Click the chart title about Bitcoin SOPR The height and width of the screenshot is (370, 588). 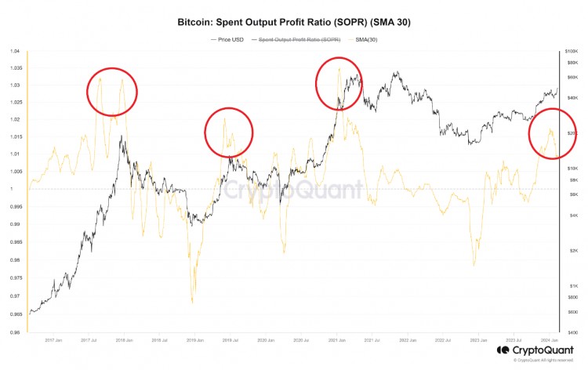coord(294,23)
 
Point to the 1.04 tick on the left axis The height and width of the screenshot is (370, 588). coord(14,51)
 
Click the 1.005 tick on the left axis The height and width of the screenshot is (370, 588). coord(13,171)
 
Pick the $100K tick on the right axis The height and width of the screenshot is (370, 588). coord(573,51)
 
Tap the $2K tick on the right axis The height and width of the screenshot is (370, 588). coord(572,250)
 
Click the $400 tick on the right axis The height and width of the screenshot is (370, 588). coord(572,332)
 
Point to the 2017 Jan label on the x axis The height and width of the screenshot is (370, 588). coord(53,341)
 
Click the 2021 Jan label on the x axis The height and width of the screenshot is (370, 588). coord(338,341)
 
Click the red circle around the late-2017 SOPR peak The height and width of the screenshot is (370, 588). coord(111,92)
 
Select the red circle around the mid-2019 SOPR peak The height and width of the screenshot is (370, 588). coord(228,132)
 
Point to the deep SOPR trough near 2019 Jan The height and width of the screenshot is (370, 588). coord(193,300)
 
